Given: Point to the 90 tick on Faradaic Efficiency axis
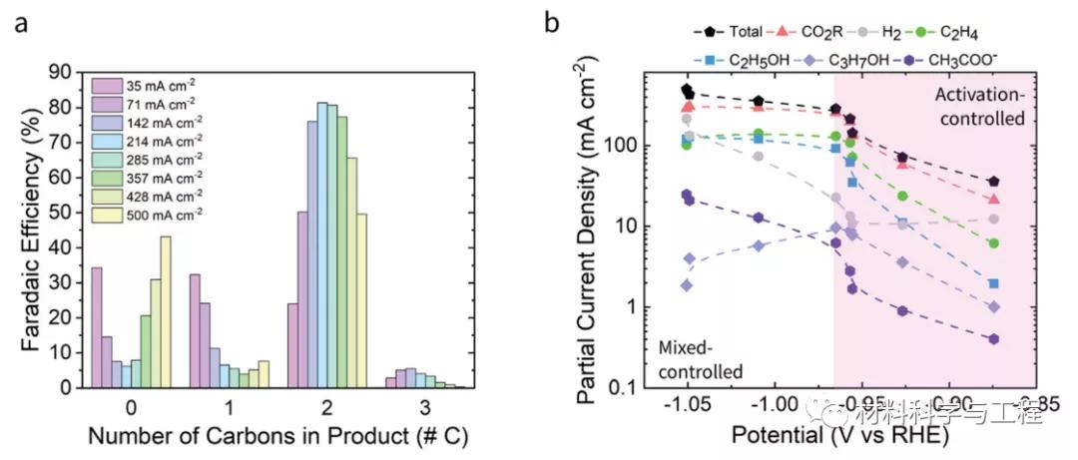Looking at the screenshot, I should pos(69,72).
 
